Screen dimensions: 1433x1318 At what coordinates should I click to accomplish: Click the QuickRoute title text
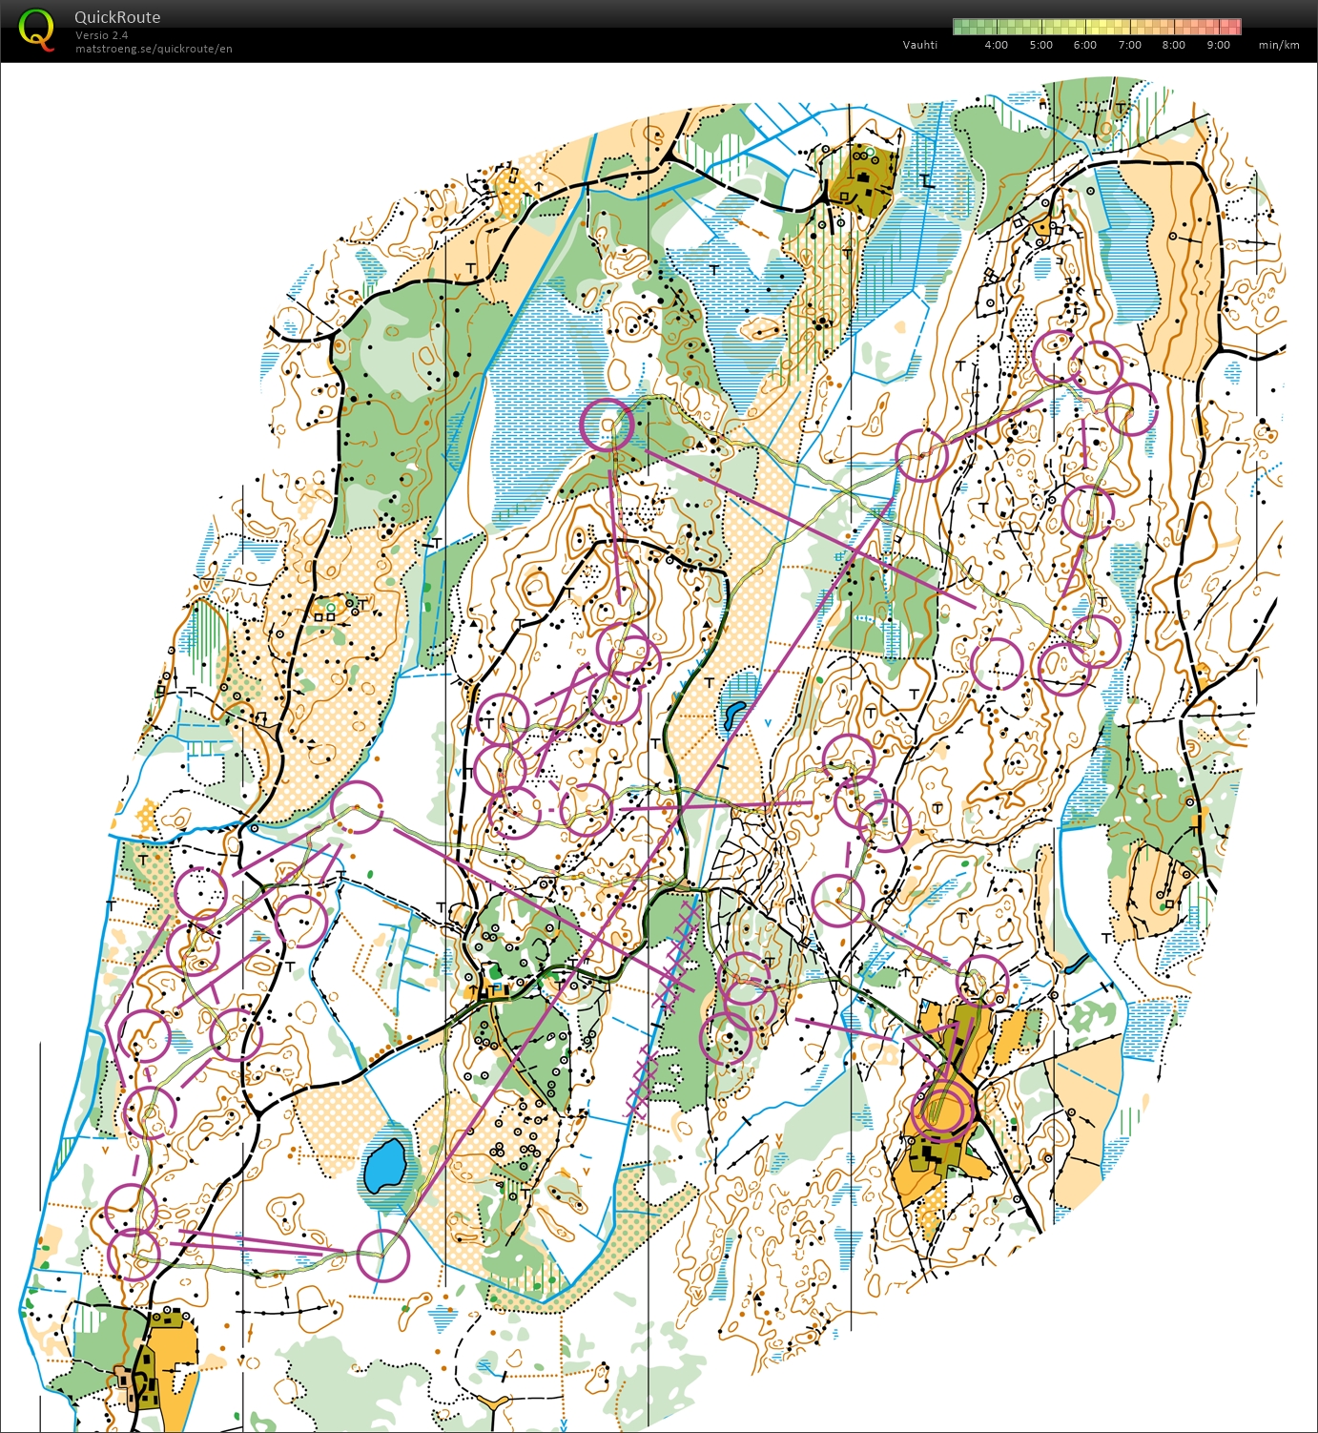pyautogui.click(x=117, y=17)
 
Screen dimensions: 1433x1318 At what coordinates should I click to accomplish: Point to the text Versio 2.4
pyautogui.click(x=101, y=35)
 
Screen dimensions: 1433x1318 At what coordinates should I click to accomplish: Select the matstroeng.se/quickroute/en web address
pyautogui.click(x=154, y=49)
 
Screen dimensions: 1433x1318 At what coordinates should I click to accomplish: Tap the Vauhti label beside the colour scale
pyautogui.click(x=919, y=45)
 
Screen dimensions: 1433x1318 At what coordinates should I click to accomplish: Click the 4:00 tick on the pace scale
pyautogui.click(x=996, y=45)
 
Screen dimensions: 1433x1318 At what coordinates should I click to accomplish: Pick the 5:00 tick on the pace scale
pyautogui.click(x=1040, y=45)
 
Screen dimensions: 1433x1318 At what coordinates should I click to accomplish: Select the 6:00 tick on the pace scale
pyautogui.click(x=1084, y=45)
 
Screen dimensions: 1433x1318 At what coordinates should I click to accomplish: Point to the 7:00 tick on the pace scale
pyautogui.click(x=1129, y=45)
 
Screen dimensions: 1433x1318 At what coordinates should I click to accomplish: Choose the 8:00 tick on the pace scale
pyautogui.click(x=1173, y=45)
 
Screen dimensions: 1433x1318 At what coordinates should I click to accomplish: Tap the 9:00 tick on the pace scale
pyautogui.click(x=1218, y=45)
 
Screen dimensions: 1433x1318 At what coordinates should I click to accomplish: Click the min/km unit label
pyautogui.click(x=1278, y=45)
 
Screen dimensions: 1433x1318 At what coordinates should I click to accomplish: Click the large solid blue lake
pyautogui.click(x=385, y=1165)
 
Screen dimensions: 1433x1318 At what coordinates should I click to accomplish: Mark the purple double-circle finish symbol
pyautogui.click(x=942, y=1111)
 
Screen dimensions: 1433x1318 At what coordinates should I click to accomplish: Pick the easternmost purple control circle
pyautogui.click(x=1131, y=409)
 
